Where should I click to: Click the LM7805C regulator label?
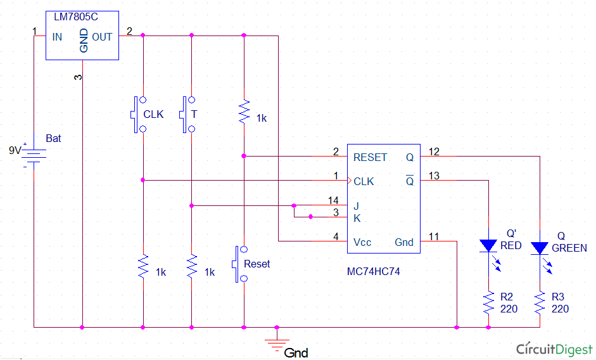click(75, 16)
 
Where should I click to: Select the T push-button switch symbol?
click(187, 115)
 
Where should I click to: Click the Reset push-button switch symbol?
click(239, 264)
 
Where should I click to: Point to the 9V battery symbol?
click(34, 155)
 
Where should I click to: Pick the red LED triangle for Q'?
click(488, 246)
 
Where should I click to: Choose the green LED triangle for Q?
click(540, 248)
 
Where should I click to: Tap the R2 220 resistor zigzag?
click(488, 303)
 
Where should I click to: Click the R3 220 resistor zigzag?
click(540, 303)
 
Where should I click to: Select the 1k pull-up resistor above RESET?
click(244, 111)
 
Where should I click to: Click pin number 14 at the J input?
click(333, 200)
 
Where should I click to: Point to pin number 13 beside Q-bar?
click(434, 176)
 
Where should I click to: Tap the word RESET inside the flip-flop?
click(370, 158)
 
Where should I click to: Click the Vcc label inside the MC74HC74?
click(362, 242)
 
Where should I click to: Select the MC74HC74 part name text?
click(373, 272)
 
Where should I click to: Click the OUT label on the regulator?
click(102, 37)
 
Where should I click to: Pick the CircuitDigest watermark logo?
click(554, 349)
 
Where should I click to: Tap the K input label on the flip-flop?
click(357, 219)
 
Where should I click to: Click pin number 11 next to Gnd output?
click(434, 236)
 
